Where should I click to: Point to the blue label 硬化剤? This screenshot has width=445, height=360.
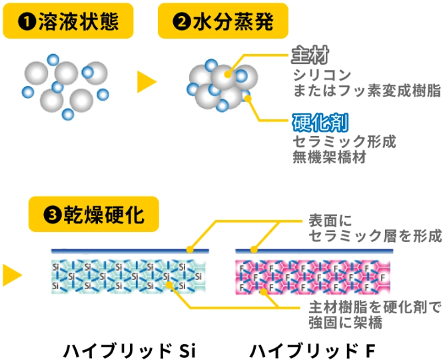[321, 123]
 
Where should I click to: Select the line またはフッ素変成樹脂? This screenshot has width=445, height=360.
[366, 90]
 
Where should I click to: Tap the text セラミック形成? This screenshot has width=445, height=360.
[344, 142]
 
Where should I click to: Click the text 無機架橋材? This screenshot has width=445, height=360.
[330, 158]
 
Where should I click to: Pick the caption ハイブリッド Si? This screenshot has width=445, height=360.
[129, 349]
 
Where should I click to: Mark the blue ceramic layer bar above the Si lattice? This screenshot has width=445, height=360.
[131, 251]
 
